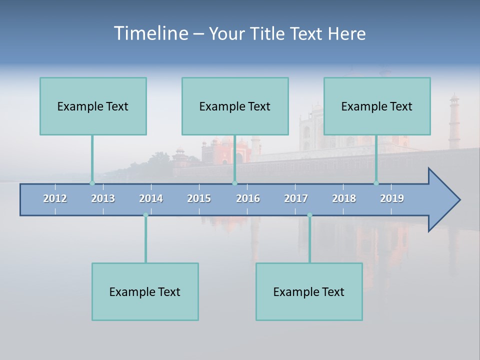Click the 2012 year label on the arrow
[x=55, y=198]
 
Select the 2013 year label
[x=103, y=198]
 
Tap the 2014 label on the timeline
[x=151, y=198]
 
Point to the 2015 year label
[x=199, y=198]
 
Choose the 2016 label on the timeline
[x=248, y=198]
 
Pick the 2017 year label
[x=296, y=198]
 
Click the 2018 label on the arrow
[x=344, y=198]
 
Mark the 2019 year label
[x=392, y=198]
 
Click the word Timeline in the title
[x=150, y=33]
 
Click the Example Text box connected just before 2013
[x=93, y=106]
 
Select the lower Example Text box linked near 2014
[x=145, y=291]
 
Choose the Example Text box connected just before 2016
[x=235, y=106]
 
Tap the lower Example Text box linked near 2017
[x=309, y=291]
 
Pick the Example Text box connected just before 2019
[x=377, y=106]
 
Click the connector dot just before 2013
[x=92, y=183]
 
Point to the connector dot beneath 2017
[x=309, y=215]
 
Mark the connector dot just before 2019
[x=376, y=183]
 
